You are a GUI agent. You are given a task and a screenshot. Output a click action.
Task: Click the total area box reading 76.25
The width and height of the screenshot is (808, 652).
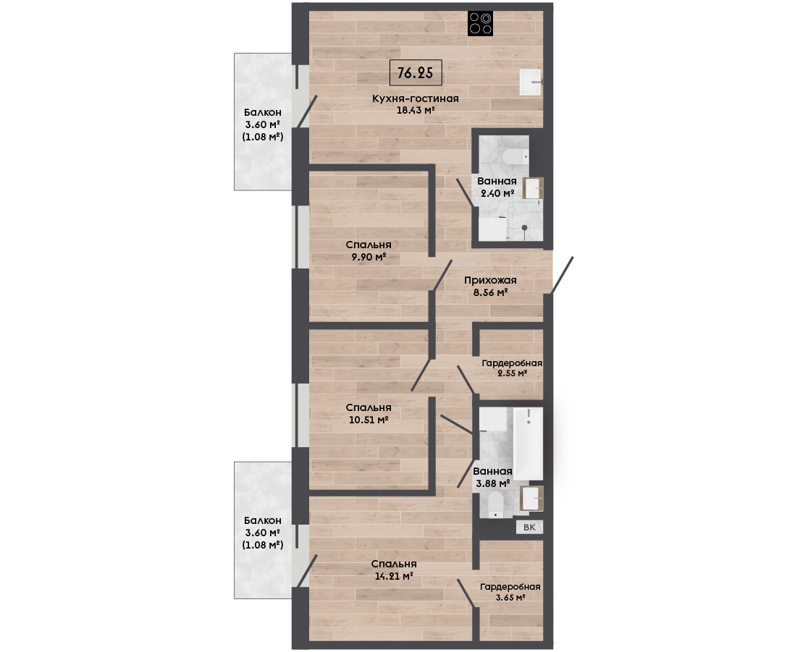[x=416, y=72]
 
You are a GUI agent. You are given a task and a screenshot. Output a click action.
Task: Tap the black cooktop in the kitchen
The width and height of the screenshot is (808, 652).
[x=480, y=24]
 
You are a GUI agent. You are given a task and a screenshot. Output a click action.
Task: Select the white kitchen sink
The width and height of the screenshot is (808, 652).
[x=530, y=82]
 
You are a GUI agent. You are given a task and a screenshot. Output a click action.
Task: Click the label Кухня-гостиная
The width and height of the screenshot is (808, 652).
[x=416, y=98]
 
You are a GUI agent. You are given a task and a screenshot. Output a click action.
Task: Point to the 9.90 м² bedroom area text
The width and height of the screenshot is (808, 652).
[x=369, y=257]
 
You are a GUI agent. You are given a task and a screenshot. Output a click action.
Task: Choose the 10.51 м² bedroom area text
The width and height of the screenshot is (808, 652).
[x=369, y=420]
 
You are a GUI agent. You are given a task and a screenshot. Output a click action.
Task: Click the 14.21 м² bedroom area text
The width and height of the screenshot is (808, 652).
[x=394, y=576]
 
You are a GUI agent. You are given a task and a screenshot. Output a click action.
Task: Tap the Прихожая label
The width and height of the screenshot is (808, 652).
[x=490, y=281]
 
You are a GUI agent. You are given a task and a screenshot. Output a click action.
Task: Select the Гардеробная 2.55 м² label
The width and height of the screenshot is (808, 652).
[x=512, y=368]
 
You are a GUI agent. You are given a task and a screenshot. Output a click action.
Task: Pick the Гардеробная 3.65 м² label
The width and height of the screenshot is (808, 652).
[x=510, y=592]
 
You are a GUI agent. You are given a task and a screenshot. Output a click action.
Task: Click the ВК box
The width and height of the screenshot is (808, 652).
[x=529, y=528]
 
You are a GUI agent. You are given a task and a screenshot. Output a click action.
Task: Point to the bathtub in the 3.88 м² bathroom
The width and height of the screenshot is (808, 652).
[x=529, y=444]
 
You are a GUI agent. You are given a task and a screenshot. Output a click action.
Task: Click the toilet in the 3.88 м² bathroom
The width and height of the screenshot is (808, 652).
[x=496, y=504]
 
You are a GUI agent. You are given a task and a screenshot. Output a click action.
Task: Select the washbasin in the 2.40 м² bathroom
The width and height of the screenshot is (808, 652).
[x=533, y=188]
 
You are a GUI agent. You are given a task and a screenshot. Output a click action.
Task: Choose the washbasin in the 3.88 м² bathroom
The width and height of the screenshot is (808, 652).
[x=532, y=499]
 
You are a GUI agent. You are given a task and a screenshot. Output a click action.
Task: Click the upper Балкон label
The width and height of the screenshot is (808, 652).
[x=263, y=112]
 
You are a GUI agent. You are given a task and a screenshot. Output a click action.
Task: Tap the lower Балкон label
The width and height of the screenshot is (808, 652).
[x=263, y=521]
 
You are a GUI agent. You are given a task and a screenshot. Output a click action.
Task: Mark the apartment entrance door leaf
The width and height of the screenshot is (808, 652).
[x=563, y=276]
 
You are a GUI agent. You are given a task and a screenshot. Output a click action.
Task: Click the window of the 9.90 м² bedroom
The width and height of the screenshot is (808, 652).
[x=300, y=237]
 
